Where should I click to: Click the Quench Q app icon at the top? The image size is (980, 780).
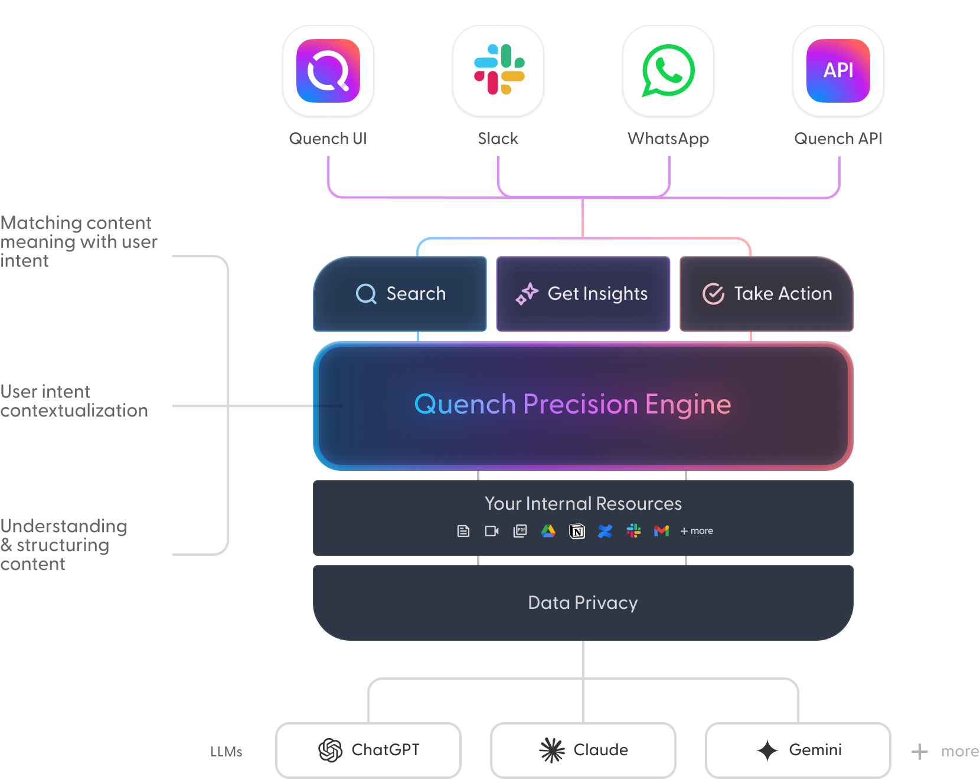tap(328, 71)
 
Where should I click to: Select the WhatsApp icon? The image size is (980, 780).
tap(668, 70)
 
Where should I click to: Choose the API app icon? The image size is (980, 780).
tap(838, 71)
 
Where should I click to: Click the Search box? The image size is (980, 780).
tap(400, 294)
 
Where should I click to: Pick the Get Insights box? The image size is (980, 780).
tap(583, 294)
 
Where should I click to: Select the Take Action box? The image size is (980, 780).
tap(766, 294)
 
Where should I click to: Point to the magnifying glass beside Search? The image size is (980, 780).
tap(366, 294)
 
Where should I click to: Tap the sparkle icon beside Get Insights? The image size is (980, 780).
tap(527, 294)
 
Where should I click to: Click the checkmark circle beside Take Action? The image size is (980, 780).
tap(713, 294)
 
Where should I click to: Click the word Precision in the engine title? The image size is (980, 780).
tap(580, 405)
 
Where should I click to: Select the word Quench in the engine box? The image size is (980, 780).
tap(465, 405)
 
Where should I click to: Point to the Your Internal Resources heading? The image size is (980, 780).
tap(583, 504)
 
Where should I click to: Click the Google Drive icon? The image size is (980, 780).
tap(548, 531)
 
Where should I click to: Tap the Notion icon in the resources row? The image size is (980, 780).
tap(577, 532)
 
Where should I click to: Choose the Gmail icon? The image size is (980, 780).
tap(662, 531)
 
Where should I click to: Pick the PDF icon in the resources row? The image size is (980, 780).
tap(520, 531)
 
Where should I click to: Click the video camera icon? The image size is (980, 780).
tap(492, 531)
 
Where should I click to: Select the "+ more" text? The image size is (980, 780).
tap(697, 531)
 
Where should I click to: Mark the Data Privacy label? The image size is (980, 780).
tap(583, 603)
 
